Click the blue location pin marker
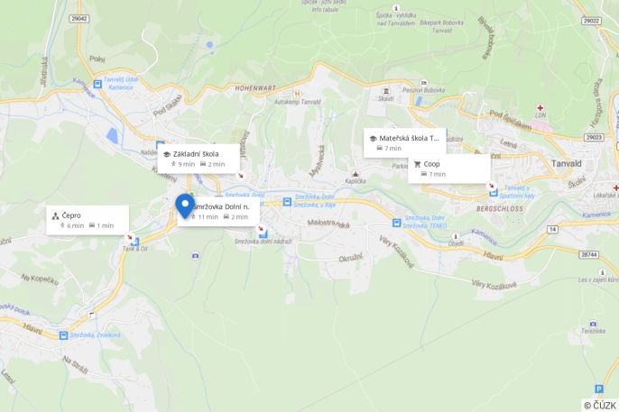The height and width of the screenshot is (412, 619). (185, 206)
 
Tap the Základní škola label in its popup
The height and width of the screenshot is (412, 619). (196, 154)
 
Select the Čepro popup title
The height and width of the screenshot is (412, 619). (71, 215)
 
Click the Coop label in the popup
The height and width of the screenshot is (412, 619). (431, 164)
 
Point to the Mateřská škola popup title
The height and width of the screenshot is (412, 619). (408, 139)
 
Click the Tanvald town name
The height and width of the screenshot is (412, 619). (566, 163)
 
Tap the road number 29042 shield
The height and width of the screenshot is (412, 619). (79, 18)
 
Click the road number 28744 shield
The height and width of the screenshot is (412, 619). (588, 255)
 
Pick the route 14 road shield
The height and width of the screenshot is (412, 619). (551, 230)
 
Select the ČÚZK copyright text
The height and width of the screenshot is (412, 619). (600, 405)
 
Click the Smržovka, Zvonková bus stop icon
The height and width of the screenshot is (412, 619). (63, 335)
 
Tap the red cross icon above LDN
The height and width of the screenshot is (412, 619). (540, 107)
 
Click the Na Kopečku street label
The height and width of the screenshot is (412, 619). (39, 279)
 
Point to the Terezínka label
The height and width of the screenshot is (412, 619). (593, 331)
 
